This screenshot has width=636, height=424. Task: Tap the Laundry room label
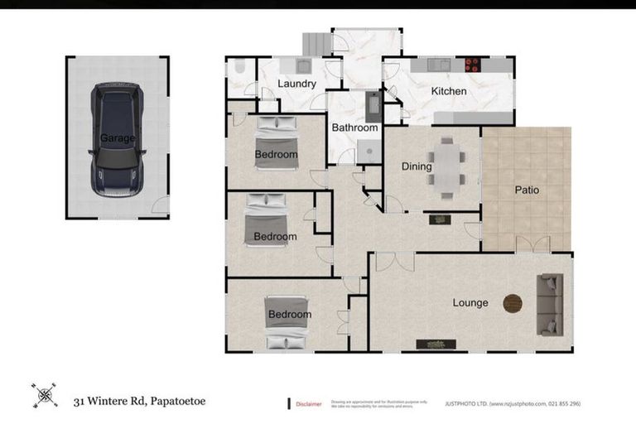click(x=296, y=84)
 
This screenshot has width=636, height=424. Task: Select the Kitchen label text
click(x=448, y=91)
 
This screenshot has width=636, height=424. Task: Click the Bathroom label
click(x=354, y=128)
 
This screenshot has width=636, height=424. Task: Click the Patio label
click(x=526, y=190)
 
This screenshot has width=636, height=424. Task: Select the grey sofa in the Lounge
click(x=549, y=305)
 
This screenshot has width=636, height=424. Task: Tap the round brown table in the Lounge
click(x=513, y=304)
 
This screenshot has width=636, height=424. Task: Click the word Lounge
click(x=470, y=303)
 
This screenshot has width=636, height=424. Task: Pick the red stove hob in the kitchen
click(x=473, y=64)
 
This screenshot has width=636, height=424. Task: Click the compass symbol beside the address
click(x=44, y=395)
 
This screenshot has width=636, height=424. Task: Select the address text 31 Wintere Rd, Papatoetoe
click(x=138, y=402)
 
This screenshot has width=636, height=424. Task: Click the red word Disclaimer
click(x=311, y=404)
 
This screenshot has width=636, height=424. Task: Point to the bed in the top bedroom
click(x=276, y=142)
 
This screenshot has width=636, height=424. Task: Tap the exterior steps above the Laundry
click(x=316, y=44)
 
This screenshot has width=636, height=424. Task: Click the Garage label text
click(x=117, y=138)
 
